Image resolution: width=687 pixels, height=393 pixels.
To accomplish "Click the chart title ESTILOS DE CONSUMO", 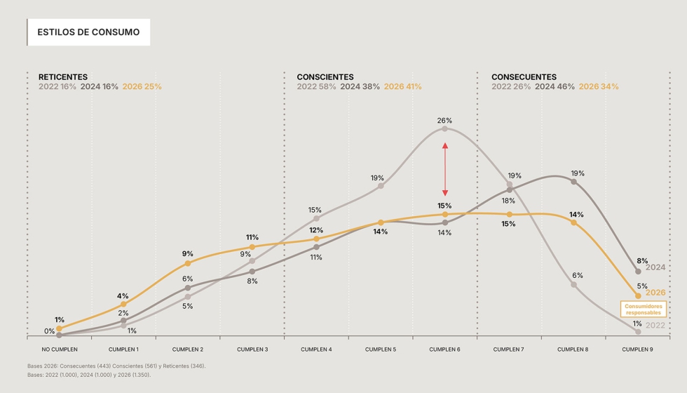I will click(88, 32).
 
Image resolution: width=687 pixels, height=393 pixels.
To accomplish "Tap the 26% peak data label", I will click(444, 121).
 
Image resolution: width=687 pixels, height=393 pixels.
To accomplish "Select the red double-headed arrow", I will click(444, 169).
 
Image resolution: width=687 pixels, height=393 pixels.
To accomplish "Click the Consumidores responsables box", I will click(644, 309).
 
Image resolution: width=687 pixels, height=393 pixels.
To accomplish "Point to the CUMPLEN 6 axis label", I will click(444, 349).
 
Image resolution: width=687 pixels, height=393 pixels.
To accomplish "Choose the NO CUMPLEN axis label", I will click(60, 349).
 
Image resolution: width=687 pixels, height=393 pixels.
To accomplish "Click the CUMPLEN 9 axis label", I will click(638, 349).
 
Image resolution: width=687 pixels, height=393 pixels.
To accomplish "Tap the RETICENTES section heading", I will click(63, 76).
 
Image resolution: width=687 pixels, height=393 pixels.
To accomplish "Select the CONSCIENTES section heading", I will click(325, 76).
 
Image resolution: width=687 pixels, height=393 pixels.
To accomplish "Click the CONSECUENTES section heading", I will click(524, 76).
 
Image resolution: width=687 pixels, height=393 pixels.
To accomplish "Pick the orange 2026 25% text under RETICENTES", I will click(142, 87).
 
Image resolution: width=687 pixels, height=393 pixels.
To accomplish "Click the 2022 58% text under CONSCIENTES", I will click(316, 87).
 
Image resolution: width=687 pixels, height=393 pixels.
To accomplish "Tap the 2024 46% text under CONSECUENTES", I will click(555, 87).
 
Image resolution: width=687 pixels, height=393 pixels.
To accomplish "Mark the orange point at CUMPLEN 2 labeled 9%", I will click(188, 263).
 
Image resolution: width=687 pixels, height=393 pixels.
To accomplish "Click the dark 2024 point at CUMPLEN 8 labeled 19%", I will click(573, 182).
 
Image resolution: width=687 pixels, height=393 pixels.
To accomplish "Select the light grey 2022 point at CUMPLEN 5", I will click(381, 186).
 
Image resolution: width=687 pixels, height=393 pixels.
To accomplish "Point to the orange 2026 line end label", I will click(655, 293).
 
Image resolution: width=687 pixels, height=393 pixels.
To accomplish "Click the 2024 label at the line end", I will click(655, 267).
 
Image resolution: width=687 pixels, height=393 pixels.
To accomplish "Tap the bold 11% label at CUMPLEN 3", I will click(252, 237).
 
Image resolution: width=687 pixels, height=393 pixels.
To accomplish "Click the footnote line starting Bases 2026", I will click(116, 366).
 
